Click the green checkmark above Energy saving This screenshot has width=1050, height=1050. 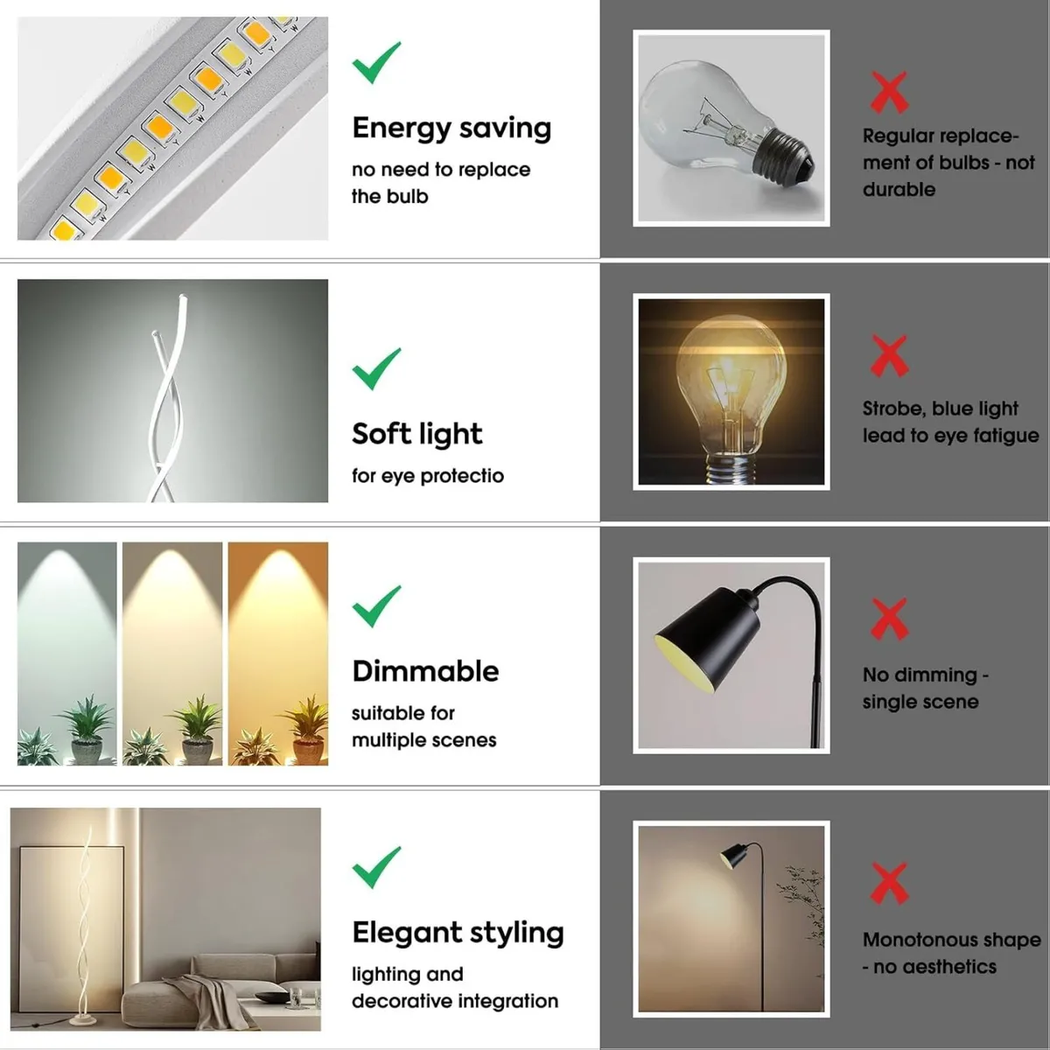(x=375, y=63)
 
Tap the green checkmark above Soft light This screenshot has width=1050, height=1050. (x=375, y=369)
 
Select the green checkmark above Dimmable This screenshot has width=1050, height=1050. (x=375, y=606)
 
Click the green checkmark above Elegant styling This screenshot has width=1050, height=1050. (x=375, y=867)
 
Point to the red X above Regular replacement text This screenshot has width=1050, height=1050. (x=889, y=93)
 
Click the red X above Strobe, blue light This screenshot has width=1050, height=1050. (x=889, y=355)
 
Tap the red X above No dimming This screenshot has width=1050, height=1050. (x=889, y=619)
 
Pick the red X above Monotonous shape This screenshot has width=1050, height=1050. (x=889, y=883)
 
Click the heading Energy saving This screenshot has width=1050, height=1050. (x=451, y=129)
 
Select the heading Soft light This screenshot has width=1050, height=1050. (x=416, y=434)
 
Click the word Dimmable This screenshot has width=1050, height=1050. (x=425, y=671)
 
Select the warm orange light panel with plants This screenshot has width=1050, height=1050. (x=278, y=654)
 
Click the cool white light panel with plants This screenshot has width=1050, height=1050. (x=66, y=654)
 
